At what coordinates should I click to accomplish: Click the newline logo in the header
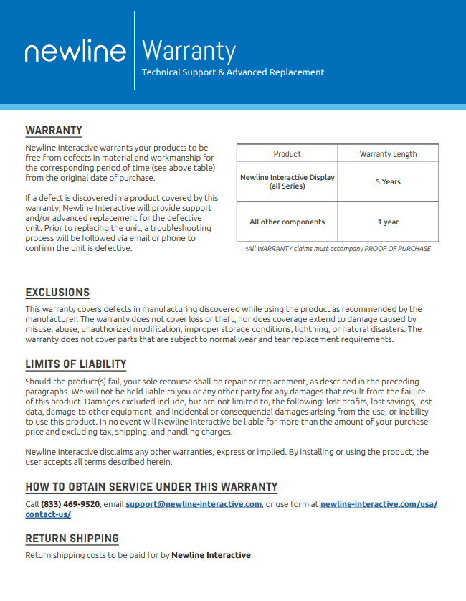coord(75,52)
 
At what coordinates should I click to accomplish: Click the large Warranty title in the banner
coord(189,51)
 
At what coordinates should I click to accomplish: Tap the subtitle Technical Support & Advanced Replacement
coord(233,72)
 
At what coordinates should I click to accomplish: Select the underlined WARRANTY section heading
coord(54,131)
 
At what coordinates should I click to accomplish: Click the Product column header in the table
coord(287,153)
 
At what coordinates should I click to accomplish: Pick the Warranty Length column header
coord(388,153)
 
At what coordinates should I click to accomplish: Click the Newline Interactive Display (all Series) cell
coord(287,181)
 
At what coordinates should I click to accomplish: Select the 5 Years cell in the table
coord(388,181)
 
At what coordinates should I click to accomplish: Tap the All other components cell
coord(287,222)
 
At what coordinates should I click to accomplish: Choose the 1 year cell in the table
coord(388,222)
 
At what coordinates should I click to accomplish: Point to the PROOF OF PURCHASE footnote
coord(338,249)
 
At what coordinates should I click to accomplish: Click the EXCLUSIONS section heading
coord(57,293)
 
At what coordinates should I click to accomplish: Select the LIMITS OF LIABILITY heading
coord(76,364)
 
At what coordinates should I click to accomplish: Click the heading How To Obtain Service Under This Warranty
coord(151,487)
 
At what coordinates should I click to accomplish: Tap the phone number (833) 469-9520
coord(70,504)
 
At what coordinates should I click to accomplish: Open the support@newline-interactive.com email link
coord(194,504)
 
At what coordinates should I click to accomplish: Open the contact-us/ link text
coord(48,514)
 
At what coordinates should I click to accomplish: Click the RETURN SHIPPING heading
coord(72,539)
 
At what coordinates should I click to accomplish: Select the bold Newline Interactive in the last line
coord(211,555)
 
